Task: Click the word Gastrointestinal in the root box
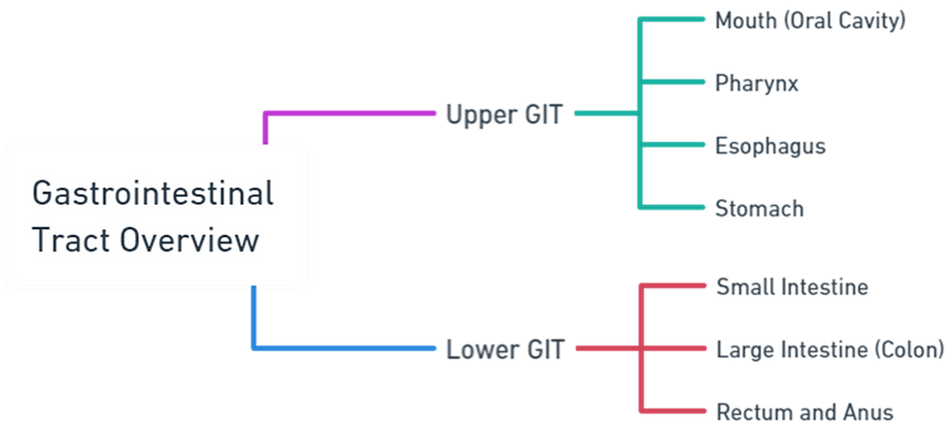(153, 193)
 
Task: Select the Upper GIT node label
(503, 115)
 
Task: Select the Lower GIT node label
(505, 347)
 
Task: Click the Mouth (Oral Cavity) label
(809, 19)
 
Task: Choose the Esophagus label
(769, 146)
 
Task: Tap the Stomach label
(759, 209)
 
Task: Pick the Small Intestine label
(792, 286)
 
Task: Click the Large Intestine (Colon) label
(829, 347)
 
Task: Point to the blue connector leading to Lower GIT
(350, 346)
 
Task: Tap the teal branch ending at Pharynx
(675, 83)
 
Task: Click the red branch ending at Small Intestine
(675, 286)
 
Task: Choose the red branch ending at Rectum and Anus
(675, 409)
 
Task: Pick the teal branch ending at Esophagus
(675, 146)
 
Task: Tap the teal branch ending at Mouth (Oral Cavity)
(675, 19)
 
